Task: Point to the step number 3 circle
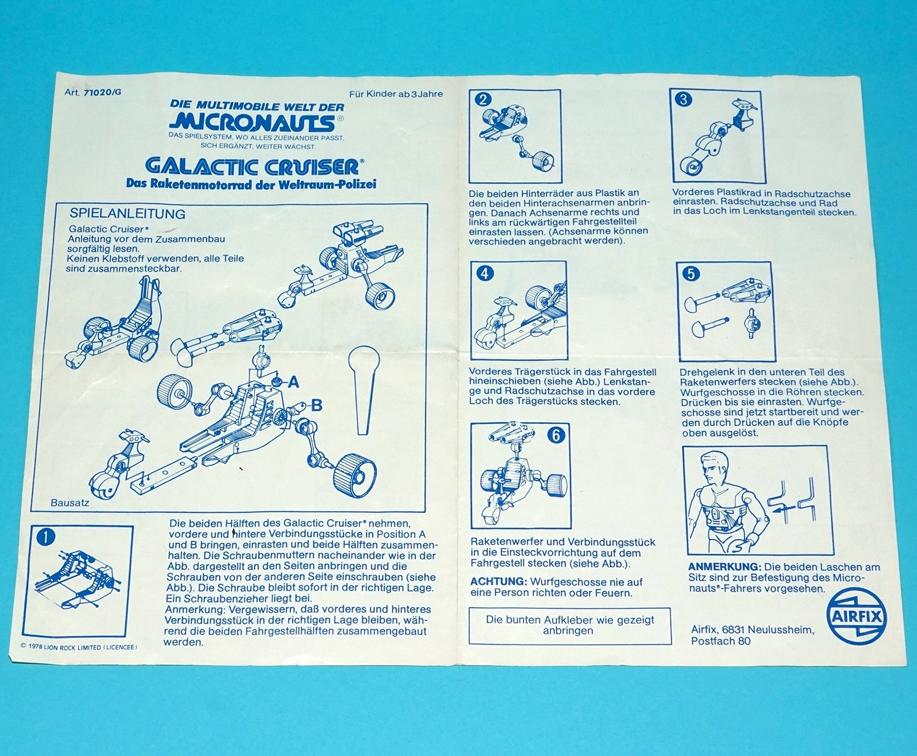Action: click(x=683, y=100)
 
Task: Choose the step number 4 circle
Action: click(x=484, y=273)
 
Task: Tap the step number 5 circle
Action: click(x=691, y=274)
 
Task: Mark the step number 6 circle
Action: click(x=554, y=435)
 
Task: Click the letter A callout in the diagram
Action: click(x=293, y=382)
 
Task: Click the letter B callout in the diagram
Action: click(x=316, y=406)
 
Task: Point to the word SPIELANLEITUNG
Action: click(x=127, y=214)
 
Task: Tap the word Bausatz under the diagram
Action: click(x=70, y=503)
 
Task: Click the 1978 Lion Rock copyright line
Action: click(x=78, y=647)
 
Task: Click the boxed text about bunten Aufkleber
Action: click(x=569, y=625)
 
